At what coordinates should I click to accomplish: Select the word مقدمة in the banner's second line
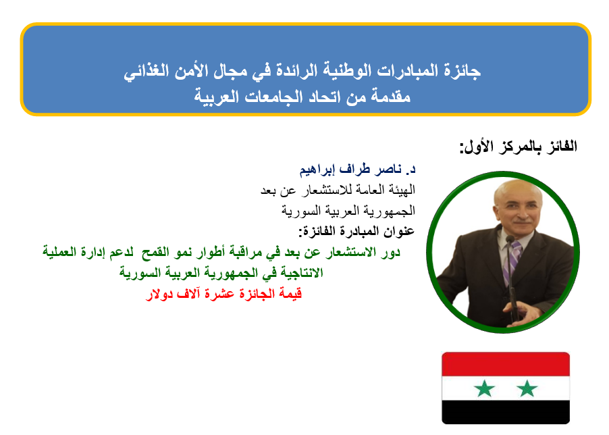[x=390, y=96]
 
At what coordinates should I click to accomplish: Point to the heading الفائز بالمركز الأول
[x=518, y=147]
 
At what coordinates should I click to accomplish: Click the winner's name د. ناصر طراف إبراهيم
[x=357, y=169]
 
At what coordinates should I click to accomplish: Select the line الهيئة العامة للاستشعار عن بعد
[x=338, y=190]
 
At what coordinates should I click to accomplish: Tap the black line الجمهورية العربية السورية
[x=348, y=211]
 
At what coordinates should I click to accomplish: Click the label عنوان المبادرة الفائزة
[x=356, y=231]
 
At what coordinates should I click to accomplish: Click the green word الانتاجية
[x=299, y=273]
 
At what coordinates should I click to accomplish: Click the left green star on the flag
[x=484, y=388]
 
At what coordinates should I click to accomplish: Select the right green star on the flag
[x=527, y=388]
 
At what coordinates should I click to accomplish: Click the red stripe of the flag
[x=506, y=364]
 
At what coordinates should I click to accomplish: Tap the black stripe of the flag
[x=506, y=412]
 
